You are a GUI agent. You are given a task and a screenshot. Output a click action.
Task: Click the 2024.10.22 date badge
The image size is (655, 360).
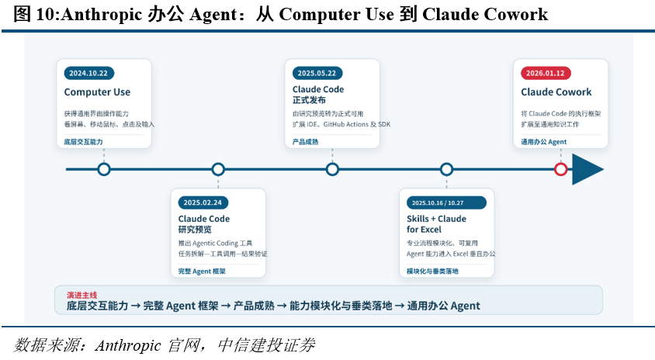point(89,73)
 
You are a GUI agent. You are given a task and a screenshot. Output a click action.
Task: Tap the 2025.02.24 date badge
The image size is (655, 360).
point(203,202)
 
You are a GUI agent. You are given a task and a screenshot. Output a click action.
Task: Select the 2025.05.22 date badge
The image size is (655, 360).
point(317,73)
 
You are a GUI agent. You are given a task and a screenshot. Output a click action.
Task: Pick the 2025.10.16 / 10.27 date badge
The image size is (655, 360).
point(446,202)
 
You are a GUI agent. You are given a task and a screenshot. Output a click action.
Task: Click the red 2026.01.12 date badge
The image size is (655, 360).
point(546,73)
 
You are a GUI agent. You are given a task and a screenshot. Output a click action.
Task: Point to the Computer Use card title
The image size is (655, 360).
point(97,92)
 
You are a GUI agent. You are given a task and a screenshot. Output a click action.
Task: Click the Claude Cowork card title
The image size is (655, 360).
point(556,92)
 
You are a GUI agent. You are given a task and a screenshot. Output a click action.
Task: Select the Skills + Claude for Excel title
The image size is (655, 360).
point(436,224)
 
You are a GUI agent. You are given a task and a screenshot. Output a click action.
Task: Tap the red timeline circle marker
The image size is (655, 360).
point(560,169)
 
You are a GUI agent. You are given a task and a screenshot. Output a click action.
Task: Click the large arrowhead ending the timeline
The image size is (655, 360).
point(585,169)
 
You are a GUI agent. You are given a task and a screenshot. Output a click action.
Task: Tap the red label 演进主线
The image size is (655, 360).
point(82,295)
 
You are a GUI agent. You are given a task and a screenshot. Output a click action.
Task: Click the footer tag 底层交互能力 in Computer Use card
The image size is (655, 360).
point(84,142)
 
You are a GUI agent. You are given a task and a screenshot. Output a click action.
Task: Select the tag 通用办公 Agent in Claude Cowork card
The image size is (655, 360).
point(543,142)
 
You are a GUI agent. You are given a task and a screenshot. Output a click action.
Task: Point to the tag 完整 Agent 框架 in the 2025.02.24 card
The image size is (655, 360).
point(202,272)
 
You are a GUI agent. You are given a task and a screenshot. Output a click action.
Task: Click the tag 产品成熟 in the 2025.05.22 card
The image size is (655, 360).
point(305,142)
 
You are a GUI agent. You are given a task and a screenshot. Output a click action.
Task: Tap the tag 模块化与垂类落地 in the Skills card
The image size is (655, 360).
point(432,272)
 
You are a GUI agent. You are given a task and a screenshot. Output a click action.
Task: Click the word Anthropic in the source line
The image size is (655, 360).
point(128,345)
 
